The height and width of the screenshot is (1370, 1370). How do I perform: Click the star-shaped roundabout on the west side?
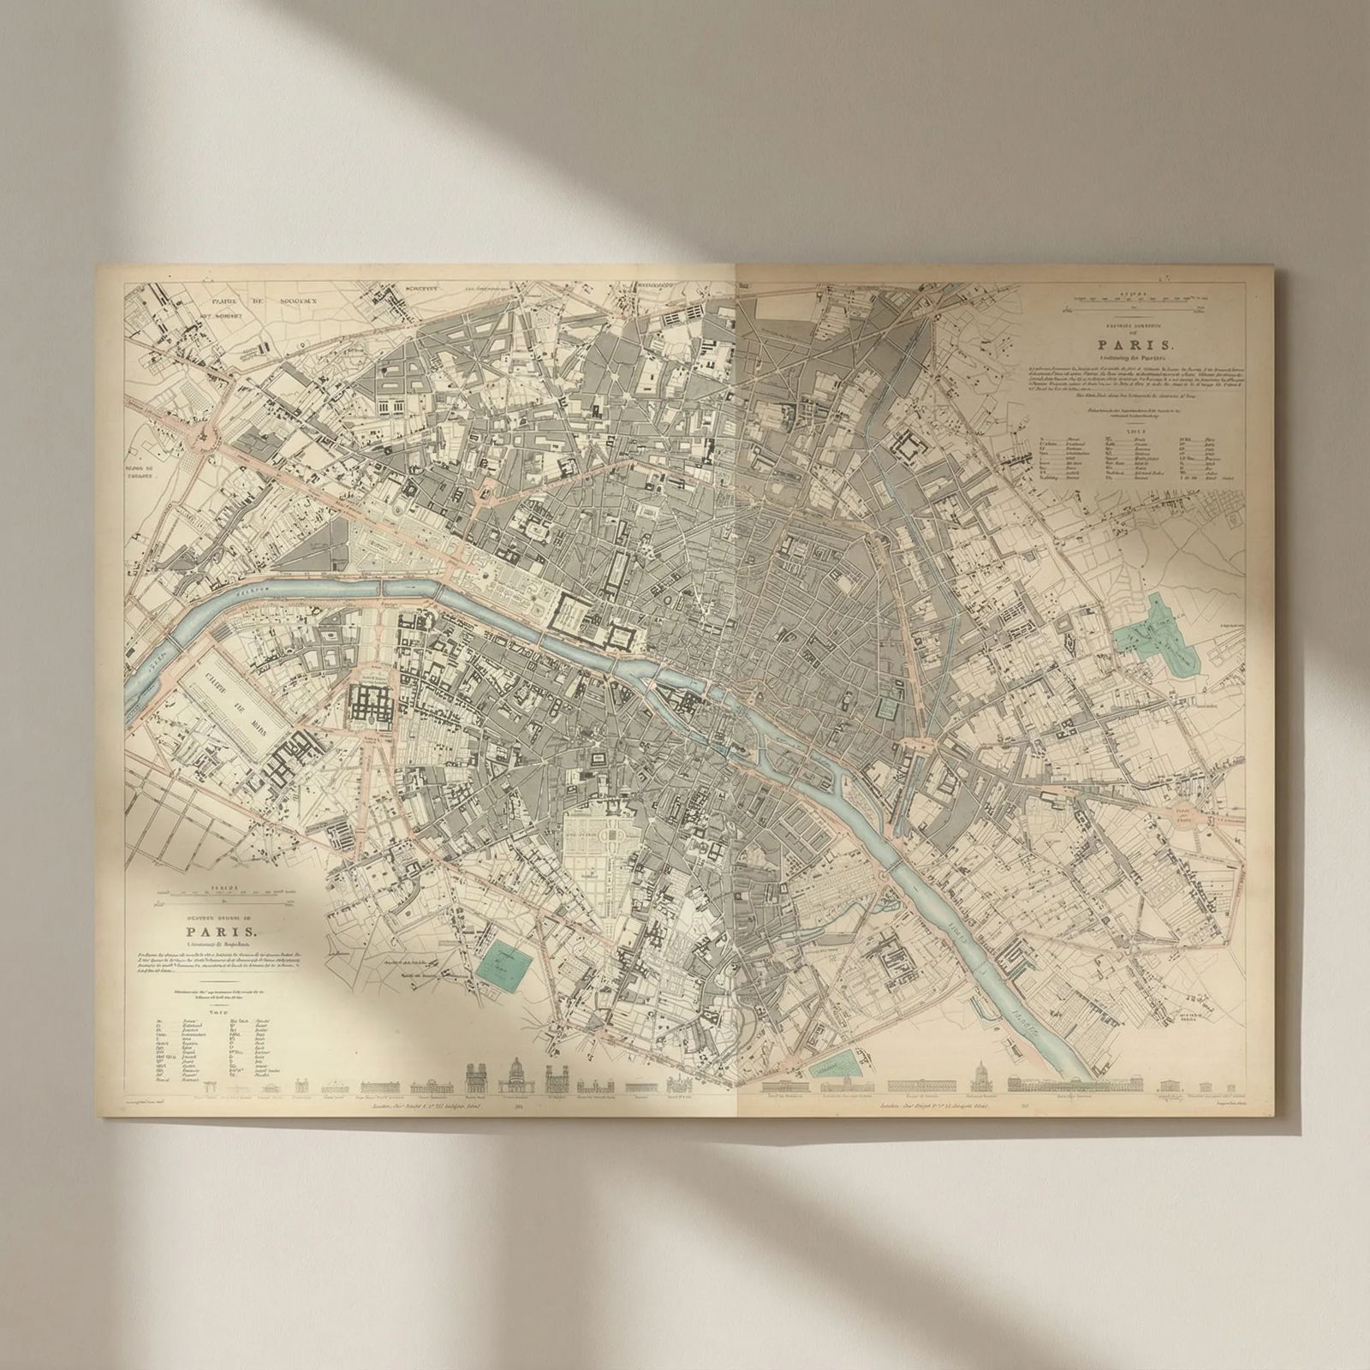[205, 436]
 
